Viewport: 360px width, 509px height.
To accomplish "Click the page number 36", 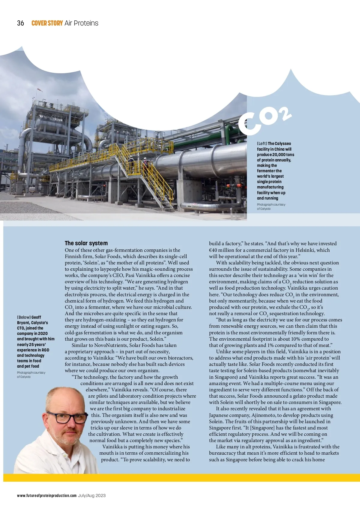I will point(20,23).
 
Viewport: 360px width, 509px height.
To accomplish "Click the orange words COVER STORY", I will point(47,23).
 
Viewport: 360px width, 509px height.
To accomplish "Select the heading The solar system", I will point(86,243).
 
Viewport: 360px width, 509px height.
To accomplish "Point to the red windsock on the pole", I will point(40,89).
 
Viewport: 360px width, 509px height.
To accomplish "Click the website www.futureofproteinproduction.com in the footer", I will point(47,495).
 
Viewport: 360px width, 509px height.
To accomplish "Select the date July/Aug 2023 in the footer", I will point(92,495).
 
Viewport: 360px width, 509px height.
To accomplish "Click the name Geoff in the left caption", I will point(36,317).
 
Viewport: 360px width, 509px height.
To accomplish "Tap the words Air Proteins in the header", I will point(81,23).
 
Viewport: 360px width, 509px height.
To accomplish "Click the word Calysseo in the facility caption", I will point(283,143).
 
